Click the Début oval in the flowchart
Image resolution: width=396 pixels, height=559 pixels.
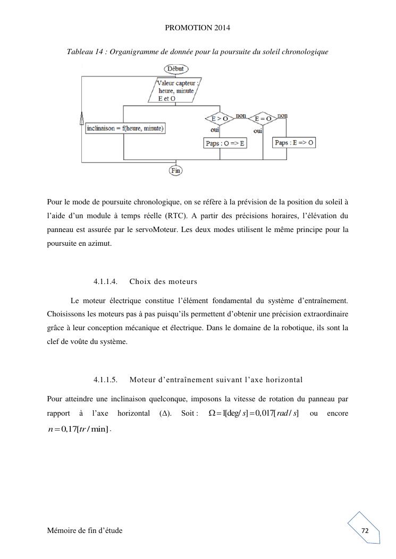175,69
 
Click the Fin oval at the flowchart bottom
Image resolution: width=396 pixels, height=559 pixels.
175,170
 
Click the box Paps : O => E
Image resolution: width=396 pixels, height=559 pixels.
225,143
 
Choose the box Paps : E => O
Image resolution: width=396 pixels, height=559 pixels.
294,143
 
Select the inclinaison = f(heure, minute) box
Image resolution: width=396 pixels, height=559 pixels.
125,128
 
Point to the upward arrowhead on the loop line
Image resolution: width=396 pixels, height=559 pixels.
81,118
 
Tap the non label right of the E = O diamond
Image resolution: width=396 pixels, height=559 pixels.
282,115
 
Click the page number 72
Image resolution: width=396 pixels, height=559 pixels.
365,531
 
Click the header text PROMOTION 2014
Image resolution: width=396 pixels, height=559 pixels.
198,27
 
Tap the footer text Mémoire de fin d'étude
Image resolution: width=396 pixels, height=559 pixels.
85,531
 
